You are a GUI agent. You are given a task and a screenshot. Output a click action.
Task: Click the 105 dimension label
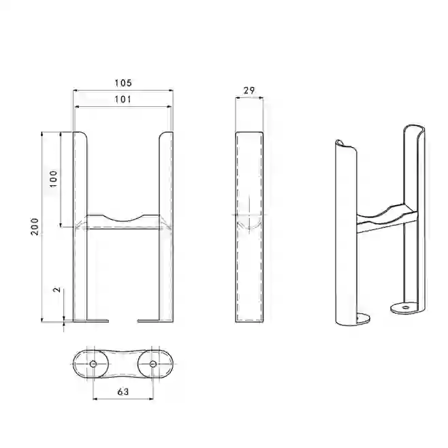123,83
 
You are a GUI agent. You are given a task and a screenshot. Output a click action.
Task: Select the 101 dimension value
123,99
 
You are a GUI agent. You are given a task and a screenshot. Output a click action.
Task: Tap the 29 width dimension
249,91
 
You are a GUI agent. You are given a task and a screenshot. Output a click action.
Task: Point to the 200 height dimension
35,227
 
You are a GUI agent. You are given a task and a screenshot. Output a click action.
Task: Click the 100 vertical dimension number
53,179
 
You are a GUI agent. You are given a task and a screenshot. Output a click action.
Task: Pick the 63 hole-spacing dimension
123,391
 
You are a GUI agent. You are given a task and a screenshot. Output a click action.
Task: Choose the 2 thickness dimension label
57,289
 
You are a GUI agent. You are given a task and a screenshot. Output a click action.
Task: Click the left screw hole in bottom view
93,364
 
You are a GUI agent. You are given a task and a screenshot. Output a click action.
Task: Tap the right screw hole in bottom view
153,364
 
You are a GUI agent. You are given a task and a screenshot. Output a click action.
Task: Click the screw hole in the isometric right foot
405,308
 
